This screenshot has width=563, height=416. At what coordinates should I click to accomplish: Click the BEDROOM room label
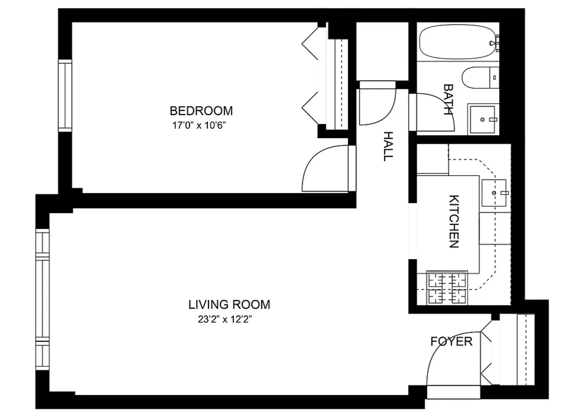(201, 111)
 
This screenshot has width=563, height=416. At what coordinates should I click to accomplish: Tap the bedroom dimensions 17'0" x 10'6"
(199, 125)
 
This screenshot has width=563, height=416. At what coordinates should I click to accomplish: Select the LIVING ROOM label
(229, 305)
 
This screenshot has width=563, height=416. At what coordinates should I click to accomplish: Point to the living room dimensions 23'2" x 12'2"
(225, 319)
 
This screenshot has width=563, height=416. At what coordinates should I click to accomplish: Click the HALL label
(388, 147)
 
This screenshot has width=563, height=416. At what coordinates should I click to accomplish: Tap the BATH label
(448, 100)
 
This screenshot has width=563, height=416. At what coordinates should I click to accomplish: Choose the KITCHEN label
(454, 221)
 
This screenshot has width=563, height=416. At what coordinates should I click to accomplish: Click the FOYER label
(451, 341)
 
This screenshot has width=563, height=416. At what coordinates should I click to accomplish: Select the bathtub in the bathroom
(457, 42)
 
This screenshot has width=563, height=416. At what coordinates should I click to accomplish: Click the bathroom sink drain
(482, 119)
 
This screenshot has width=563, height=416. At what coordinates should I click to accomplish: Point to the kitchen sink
(494, 193)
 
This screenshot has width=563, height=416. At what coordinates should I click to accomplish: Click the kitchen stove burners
(447, 287)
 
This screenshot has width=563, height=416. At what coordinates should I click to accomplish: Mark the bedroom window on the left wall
(65, 95)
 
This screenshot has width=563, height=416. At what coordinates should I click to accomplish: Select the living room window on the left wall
(42, 299)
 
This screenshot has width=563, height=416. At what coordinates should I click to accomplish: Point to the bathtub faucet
(494, 43)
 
